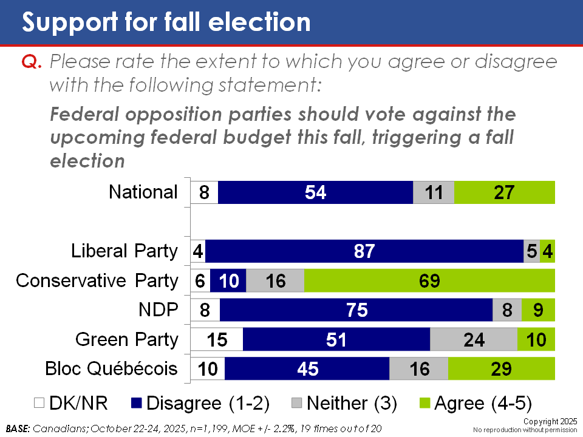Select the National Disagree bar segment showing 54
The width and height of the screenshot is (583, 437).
click(315, 192)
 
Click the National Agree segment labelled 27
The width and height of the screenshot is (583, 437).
click(504, 192)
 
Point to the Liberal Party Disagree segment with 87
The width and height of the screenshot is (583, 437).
click(364, 251)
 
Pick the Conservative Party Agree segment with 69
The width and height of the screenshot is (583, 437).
click(429, 280)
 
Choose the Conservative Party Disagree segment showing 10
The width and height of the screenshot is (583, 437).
click(228, 280)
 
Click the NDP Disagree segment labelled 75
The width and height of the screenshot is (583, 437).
click(356, 310)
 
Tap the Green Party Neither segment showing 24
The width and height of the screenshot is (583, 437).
click(474, 339)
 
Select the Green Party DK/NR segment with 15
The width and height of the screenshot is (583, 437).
click(217, 339)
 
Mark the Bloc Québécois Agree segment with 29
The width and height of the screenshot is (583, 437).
click(502, 368)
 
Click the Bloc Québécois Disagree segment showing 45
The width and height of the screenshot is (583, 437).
click(307, 368)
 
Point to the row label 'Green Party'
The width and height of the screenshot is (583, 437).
click(126, 339)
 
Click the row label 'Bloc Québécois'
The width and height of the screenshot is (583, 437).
click(112, 368)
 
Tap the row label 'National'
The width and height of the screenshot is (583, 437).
click(143, 192)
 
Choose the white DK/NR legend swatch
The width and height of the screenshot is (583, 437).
click(38, 403)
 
